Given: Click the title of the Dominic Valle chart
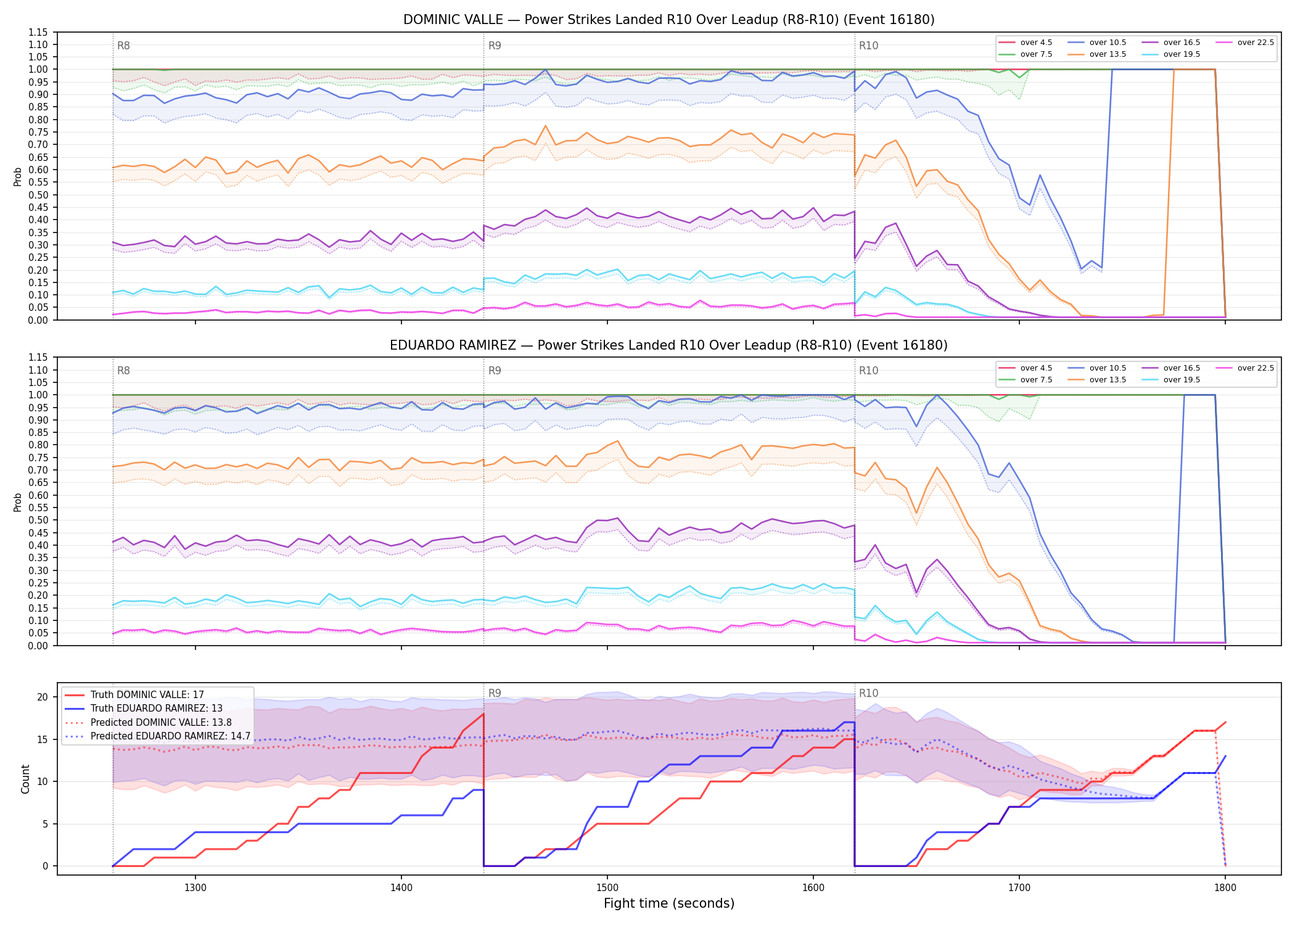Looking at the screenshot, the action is [x=668, y=20].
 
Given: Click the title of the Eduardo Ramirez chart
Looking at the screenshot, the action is [x=668, y=345].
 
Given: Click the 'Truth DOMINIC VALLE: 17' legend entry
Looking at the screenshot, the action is [x=134, y=694].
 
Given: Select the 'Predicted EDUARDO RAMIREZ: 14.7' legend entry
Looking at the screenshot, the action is [x=157, y=736].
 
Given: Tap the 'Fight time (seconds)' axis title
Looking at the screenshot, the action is [x=669, y=903].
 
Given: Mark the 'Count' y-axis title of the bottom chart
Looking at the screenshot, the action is [x=25, y=779].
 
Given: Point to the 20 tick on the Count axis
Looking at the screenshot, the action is [x=43, y=697].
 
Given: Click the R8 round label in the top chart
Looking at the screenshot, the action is [x=123, y=46].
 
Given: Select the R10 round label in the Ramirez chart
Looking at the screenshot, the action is [x=868, y=371].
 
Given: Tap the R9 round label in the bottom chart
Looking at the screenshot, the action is [x=495, y=693].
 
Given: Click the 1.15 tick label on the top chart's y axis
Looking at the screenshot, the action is [x=38, y=32].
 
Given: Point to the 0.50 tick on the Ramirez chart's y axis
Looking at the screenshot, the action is [x=38, y=520].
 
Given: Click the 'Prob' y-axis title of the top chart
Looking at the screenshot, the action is [x=18, y=176].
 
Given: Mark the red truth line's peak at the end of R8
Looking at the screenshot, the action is [x=483, y=714].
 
